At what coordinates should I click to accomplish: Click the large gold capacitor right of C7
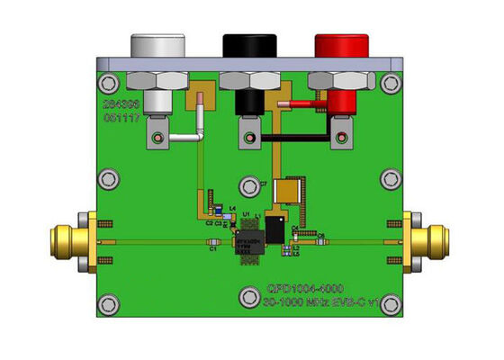coord(287,191)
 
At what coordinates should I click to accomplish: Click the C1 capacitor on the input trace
coord(213,243)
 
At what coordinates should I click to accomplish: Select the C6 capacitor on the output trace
coord(319,241)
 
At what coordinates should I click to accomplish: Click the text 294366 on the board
coord(121,105)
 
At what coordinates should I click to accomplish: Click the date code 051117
coord(121,118)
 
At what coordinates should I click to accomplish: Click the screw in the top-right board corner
coord(390,85)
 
